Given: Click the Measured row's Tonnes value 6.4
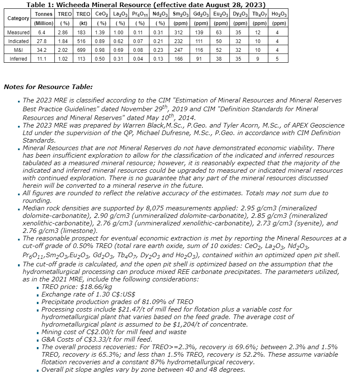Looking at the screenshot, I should [42, 32].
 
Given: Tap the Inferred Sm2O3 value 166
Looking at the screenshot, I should [180, 59].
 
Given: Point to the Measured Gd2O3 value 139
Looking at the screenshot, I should [202, 32].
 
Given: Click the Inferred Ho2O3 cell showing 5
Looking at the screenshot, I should [279, 59].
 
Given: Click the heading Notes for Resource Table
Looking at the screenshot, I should [48, 87].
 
